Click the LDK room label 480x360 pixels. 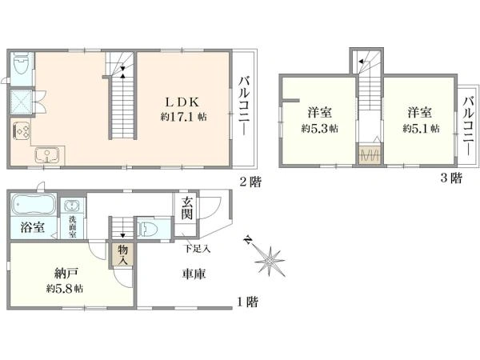click(182, 102)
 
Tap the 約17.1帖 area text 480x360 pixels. click(183, 117)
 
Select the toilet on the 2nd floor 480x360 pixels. click(21, 64)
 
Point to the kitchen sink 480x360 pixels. click(47, 155)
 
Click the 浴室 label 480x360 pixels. click(33, 227)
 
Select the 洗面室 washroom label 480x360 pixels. click(73, 227)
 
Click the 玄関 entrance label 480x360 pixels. click(186, 208)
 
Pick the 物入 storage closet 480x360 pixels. click(122, 254)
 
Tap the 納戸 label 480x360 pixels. click(66, 273)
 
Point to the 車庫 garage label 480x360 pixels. click(194, 274)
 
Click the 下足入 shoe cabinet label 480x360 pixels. click(197, 249)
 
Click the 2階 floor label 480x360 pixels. click(250, 182)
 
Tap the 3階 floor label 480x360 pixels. click(451, 178)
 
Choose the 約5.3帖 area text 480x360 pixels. click(319, 129)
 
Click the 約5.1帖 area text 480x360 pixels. click(422, 128)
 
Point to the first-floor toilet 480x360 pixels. click(147, 229)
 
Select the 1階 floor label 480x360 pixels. click(248, 302)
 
